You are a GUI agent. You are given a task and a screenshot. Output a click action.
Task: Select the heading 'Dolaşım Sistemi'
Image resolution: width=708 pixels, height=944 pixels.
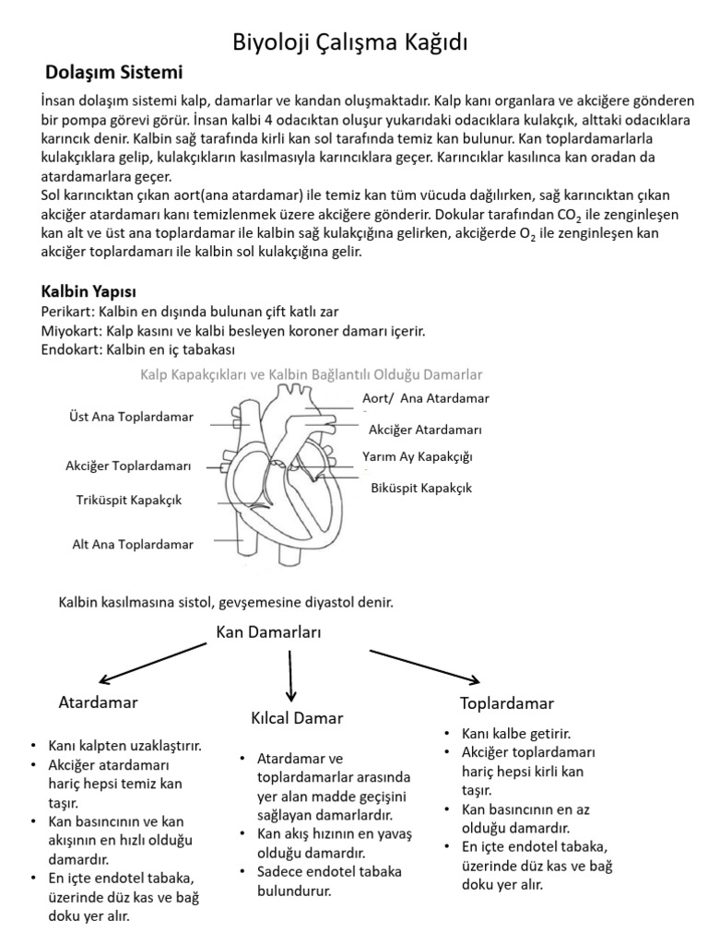point(114,72)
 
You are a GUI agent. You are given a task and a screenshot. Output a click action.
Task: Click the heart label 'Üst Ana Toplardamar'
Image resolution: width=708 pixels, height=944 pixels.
point(131,417)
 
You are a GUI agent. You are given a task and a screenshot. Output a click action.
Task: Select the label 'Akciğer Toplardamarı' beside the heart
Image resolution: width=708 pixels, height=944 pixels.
point(128,466)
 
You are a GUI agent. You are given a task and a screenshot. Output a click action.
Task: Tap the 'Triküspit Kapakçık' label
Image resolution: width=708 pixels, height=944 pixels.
point(129,501)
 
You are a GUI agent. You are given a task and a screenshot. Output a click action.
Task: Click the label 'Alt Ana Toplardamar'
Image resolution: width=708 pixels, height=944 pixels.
point(133,544)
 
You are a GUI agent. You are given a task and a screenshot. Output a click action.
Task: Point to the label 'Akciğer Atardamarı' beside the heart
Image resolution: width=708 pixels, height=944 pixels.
point(425,430)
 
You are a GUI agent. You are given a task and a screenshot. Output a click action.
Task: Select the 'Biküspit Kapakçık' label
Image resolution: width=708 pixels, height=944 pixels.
point(421,488)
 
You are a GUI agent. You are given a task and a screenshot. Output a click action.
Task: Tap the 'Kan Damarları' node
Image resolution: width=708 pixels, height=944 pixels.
point(268,632)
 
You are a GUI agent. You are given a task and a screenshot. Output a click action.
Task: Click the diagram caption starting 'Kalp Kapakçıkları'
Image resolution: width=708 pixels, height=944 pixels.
point(312,374)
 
